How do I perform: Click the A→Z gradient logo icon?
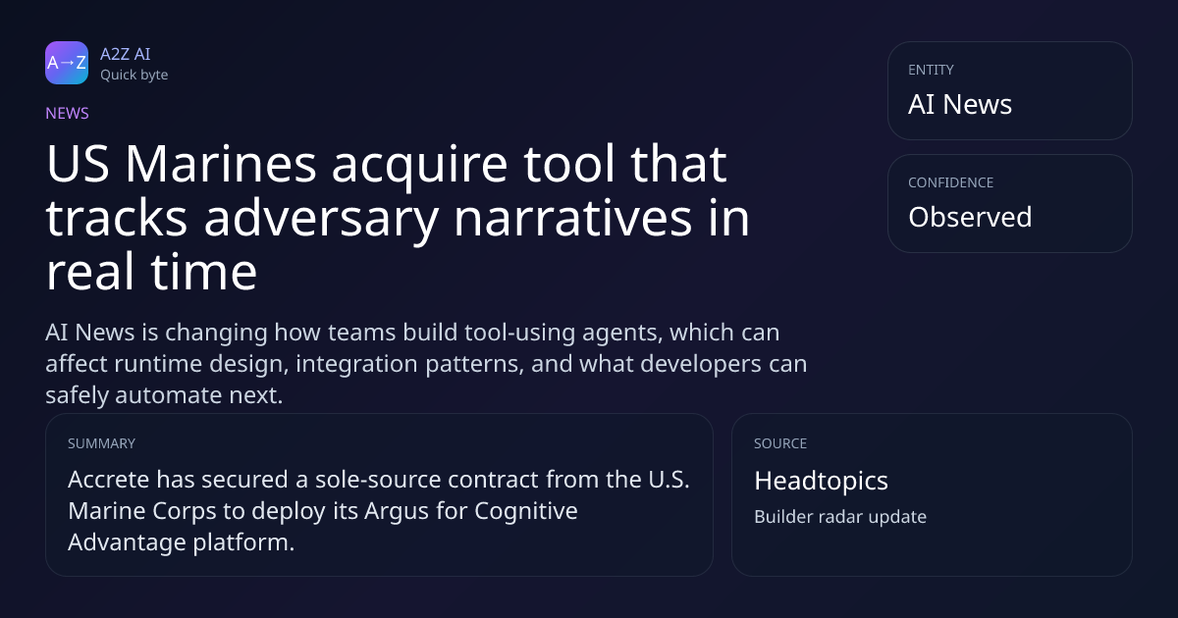click(x=67, y=63)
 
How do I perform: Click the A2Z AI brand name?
click(x=126, y=54)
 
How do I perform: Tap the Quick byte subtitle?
click(x=134, y=76)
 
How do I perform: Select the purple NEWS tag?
click(x=68, y=114)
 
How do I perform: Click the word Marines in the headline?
click(x=221, y=165)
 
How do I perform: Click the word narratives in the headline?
click(x=572, y=218)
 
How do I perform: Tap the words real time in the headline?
click(x=151, y=272)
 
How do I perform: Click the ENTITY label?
click(x=931, y=70)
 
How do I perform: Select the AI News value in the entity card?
click(x=960, y=104)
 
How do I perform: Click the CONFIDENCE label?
click(x=951, y=182)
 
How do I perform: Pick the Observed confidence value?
click(x=970, y=217)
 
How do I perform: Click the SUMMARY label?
click(x=101, y=443)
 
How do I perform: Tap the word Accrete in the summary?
click(x=109, y=480)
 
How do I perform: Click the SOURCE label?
click(x=780, y=443)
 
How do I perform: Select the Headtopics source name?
click(x=821, y=481)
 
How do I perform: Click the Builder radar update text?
click(x=840, y=517)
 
